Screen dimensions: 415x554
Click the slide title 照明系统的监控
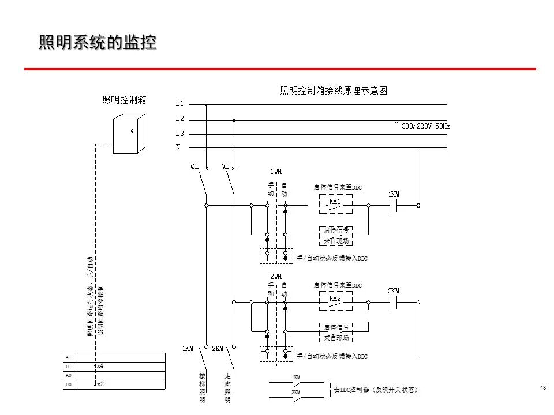[98, 43]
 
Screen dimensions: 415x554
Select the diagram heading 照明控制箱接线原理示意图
[333, 90]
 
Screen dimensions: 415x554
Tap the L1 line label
[179, 104]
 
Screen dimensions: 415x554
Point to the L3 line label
[179, 134]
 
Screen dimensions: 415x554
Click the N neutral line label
[178, 147]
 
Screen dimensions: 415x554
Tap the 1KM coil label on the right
[394, 194]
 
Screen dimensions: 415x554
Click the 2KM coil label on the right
[394, 291]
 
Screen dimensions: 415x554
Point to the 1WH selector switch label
[276, 171]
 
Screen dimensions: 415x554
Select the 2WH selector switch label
[276, 276]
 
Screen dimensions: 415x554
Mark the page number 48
[542, 387]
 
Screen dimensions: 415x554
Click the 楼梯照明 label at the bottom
[203, 387]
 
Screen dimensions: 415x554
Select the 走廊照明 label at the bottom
[227, 387]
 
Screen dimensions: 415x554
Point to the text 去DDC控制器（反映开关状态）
[376, 390]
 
